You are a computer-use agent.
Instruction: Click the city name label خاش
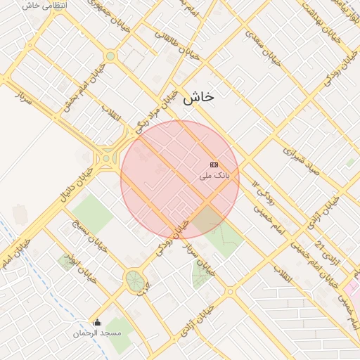(198, 98)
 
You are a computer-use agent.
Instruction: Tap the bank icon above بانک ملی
(214, 164)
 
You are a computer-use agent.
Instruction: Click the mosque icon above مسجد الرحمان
(97, 322)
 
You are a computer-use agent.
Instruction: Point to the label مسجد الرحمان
(97, 332)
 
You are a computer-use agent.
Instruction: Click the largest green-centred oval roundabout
(134, 281)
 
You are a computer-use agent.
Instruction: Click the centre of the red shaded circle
(180, 180)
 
